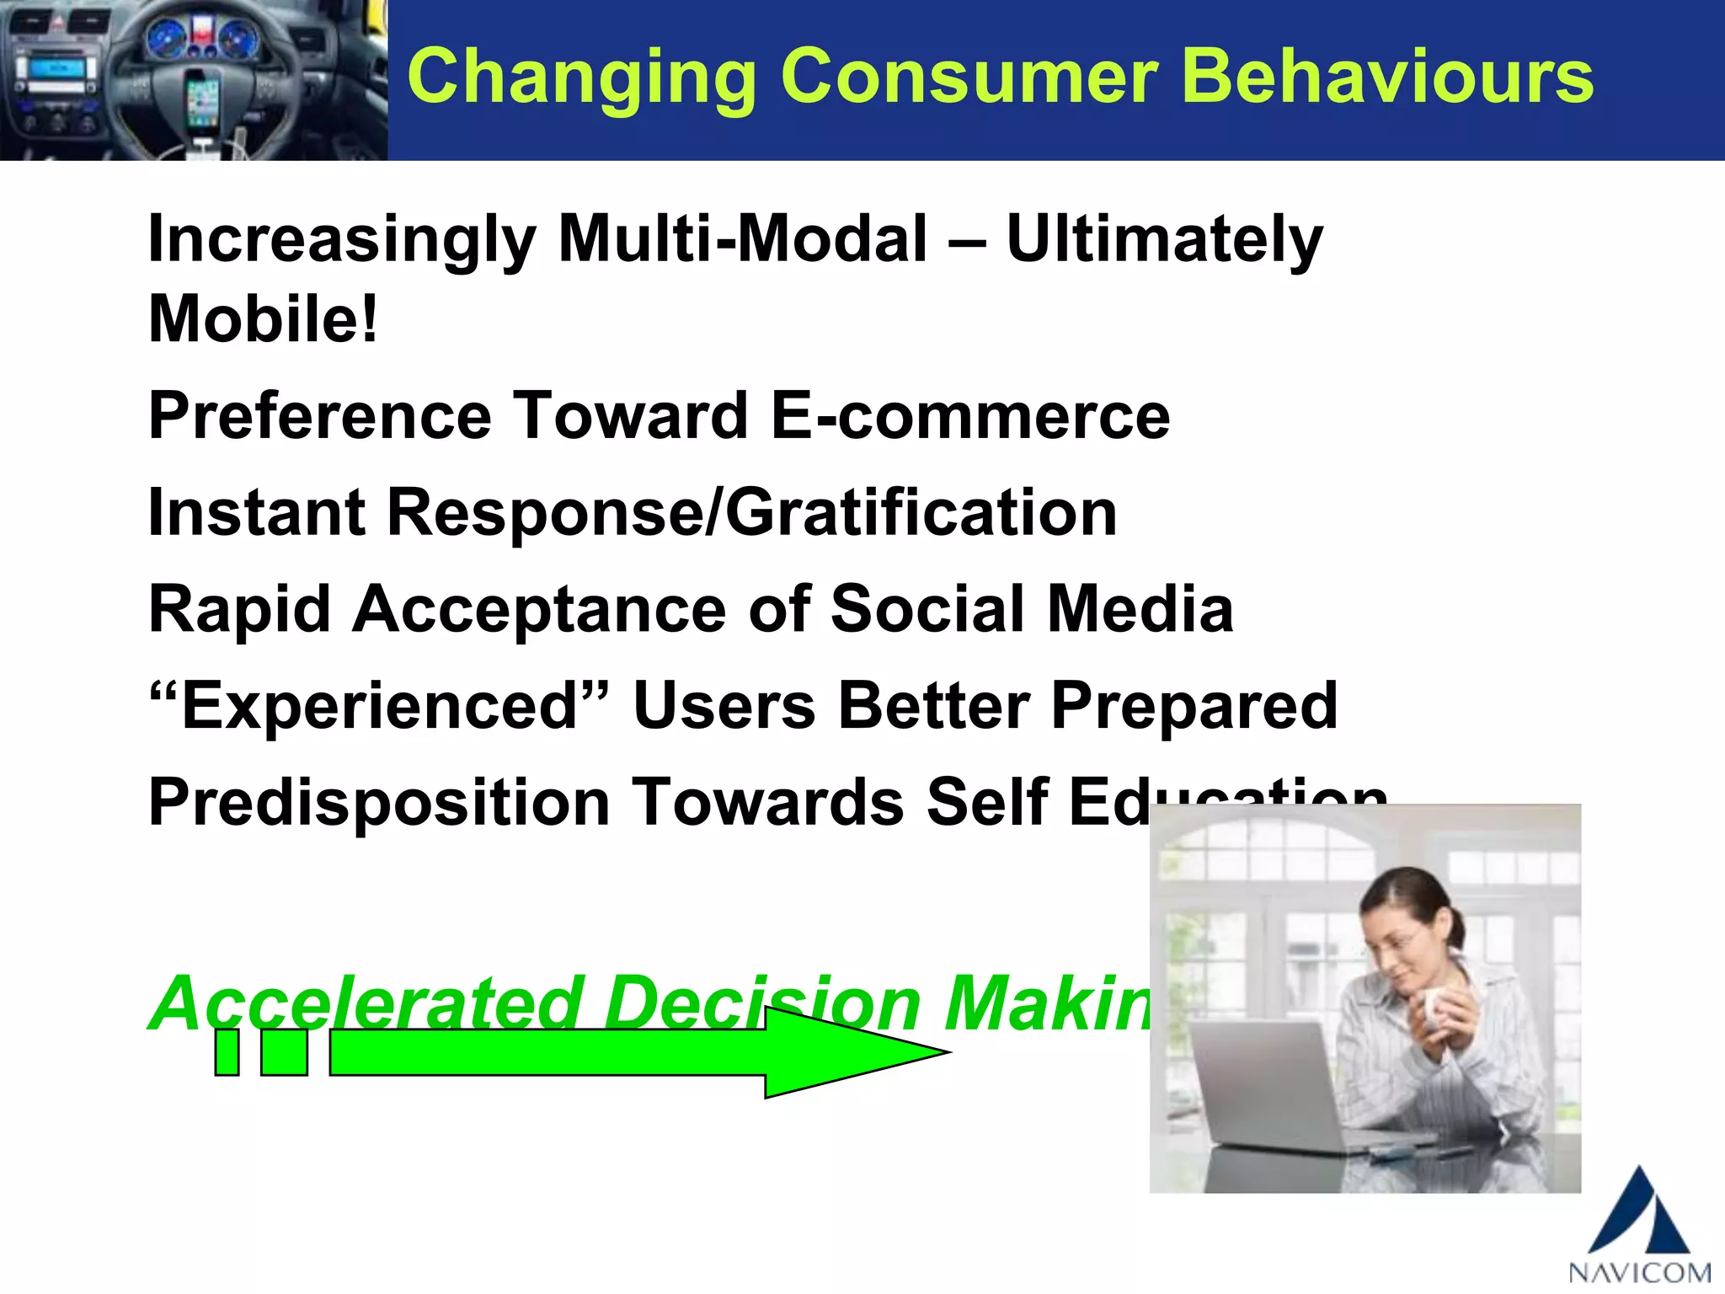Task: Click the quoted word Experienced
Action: (377, 705)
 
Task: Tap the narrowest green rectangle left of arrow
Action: (227, 1052)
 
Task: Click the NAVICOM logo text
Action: (1639, 1271)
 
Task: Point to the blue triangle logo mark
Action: (1637, 1213)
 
